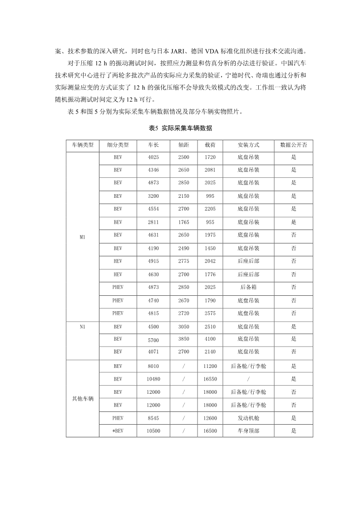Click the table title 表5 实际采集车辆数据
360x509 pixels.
tap(180, 128)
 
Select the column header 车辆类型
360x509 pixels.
tap(82, 145)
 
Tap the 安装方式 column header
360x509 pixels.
tap(248, 145)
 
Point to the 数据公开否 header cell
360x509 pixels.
tap(293, 145)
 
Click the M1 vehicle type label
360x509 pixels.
tap(82, 236)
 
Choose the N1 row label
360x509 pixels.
tap(82, 326)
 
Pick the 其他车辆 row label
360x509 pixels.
tap(82, 398)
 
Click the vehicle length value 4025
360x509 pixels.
tap(153, 157)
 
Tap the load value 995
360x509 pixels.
tap(210, 196)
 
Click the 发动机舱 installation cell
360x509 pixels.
tap(248, 418)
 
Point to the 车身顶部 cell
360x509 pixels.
tap(248, 431)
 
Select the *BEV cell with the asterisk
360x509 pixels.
tap(118, 431)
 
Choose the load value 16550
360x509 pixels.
tap(210, 379)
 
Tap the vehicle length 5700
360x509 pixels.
tap(153, 339)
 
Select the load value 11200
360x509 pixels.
tap(210, 366)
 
